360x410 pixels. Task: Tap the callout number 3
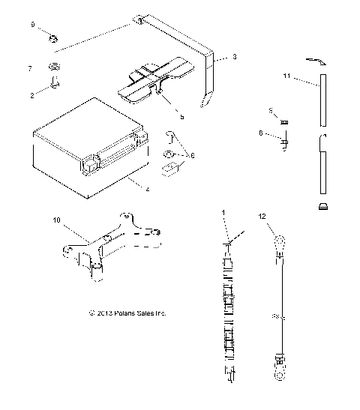coord(235,57)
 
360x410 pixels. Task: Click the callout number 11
coord(286,77)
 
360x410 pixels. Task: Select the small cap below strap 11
coord(323,206)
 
